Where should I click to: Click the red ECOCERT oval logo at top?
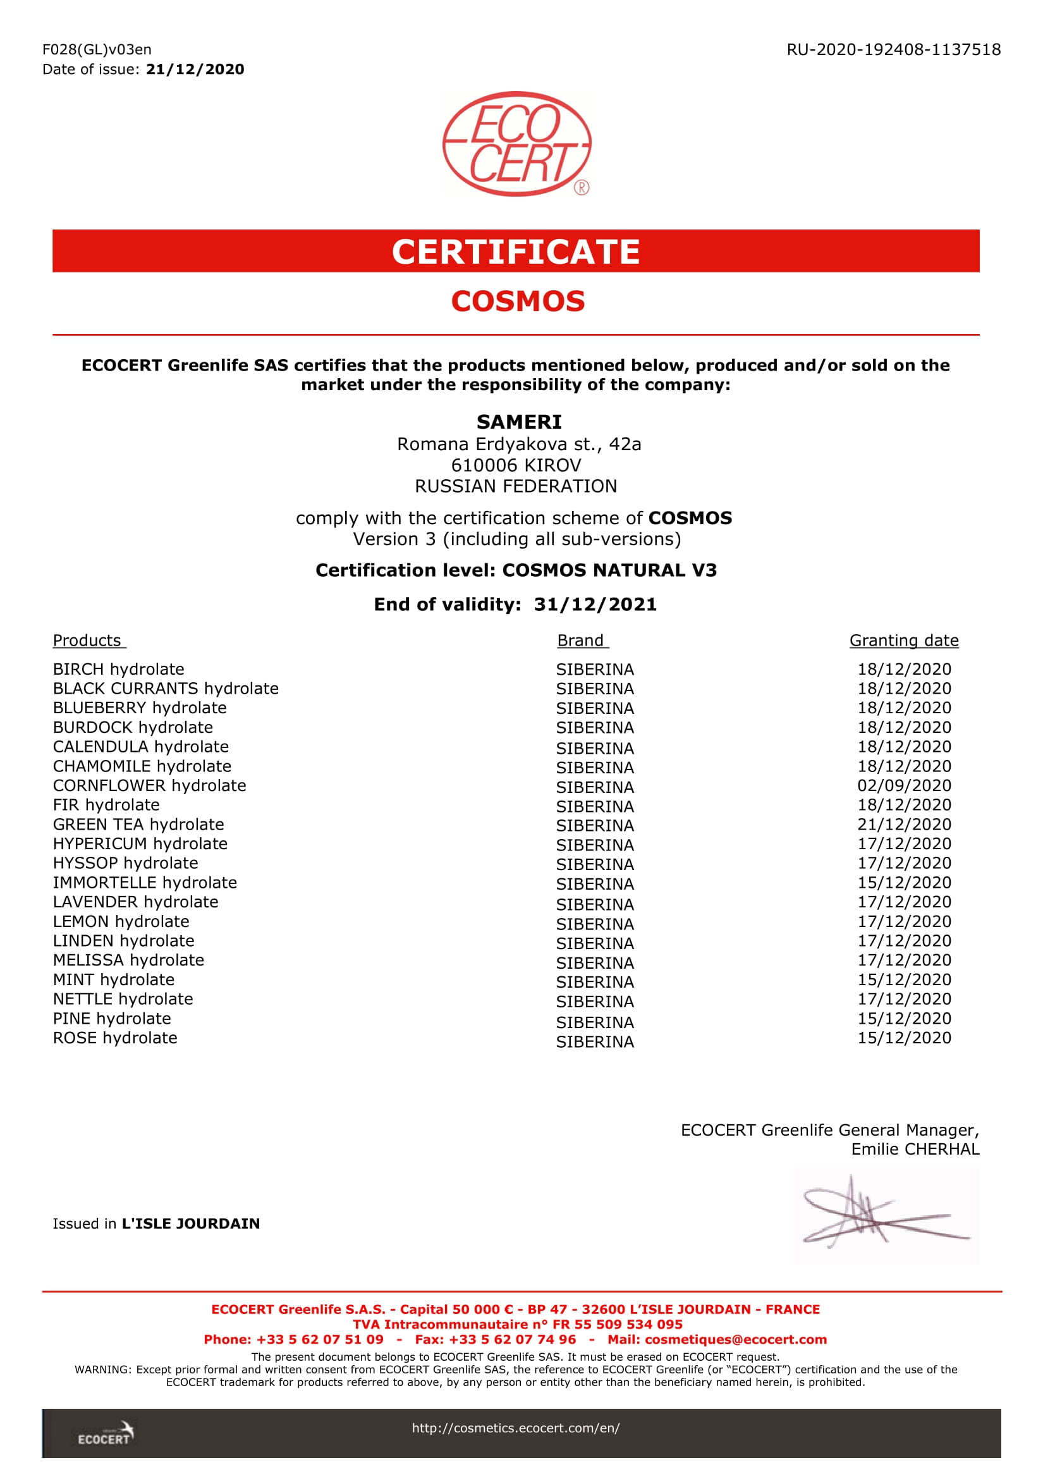click(516, 144)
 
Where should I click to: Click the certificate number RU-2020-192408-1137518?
click(893, 49)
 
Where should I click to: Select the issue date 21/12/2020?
click(195, 70)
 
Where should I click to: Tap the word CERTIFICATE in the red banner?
click(516, 251)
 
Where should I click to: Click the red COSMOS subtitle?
click(518, 302)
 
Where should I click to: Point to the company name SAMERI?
click(519, 422)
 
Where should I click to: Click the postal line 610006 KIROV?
click(516, 465)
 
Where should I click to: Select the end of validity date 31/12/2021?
click(595, 604)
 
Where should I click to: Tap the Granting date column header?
click(903, 641)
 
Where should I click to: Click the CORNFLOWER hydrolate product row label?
click(149, 785)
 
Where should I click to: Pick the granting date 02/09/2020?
click(904, 785)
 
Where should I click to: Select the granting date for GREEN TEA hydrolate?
click(904, 824)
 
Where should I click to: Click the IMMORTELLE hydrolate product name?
click(145, 883)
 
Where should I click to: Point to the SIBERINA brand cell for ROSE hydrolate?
click(595, 1041)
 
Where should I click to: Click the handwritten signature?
click(885, 1215)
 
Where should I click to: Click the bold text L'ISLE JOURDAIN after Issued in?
click(190, 1224)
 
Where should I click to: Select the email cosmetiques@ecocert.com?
click(735, 1339)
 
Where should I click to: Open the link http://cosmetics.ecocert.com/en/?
click(516, 1428)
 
